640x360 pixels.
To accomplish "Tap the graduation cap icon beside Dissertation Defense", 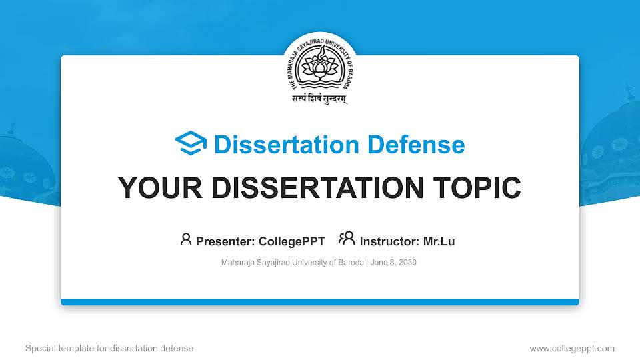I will click(191, 144).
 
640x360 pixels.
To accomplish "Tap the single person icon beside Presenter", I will click(186, 239).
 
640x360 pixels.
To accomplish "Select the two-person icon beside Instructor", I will click(347, 239).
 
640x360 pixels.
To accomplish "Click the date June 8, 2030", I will click(393, 263).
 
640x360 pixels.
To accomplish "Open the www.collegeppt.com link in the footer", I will click(572, 348).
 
